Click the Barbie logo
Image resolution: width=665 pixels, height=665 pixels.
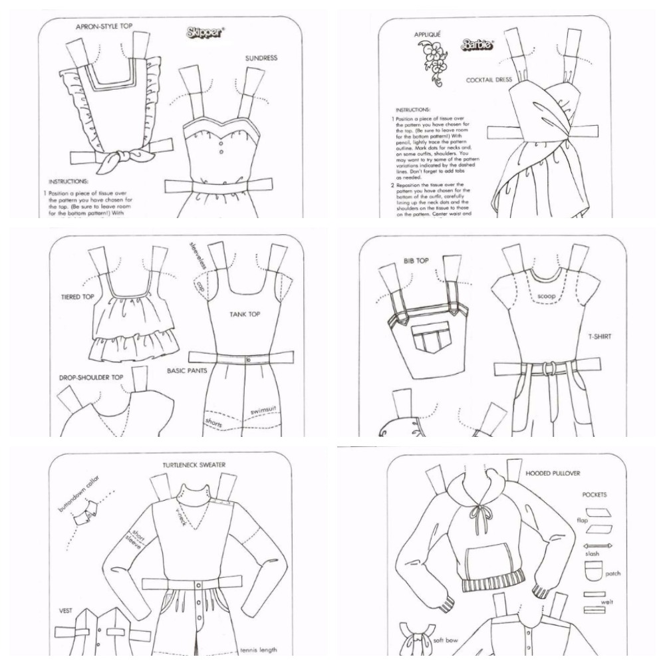(x=477, y=45)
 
